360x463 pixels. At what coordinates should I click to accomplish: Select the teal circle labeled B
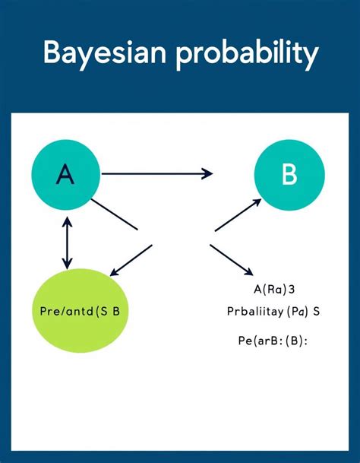289,175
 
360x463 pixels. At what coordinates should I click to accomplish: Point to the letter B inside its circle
289,175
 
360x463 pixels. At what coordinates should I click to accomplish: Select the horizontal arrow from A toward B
156,174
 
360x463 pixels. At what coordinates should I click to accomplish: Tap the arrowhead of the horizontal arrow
207,174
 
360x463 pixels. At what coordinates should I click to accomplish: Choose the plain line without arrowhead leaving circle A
114,214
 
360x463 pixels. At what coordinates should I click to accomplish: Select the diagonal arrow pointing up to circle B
238,215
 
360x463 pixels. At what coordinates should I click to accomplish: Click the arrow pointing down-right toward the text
231,259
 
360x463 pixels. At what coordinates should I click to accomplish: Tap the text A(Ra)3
274,289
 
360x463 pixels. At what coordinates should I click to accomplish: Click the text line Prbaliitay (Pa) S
274,311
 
